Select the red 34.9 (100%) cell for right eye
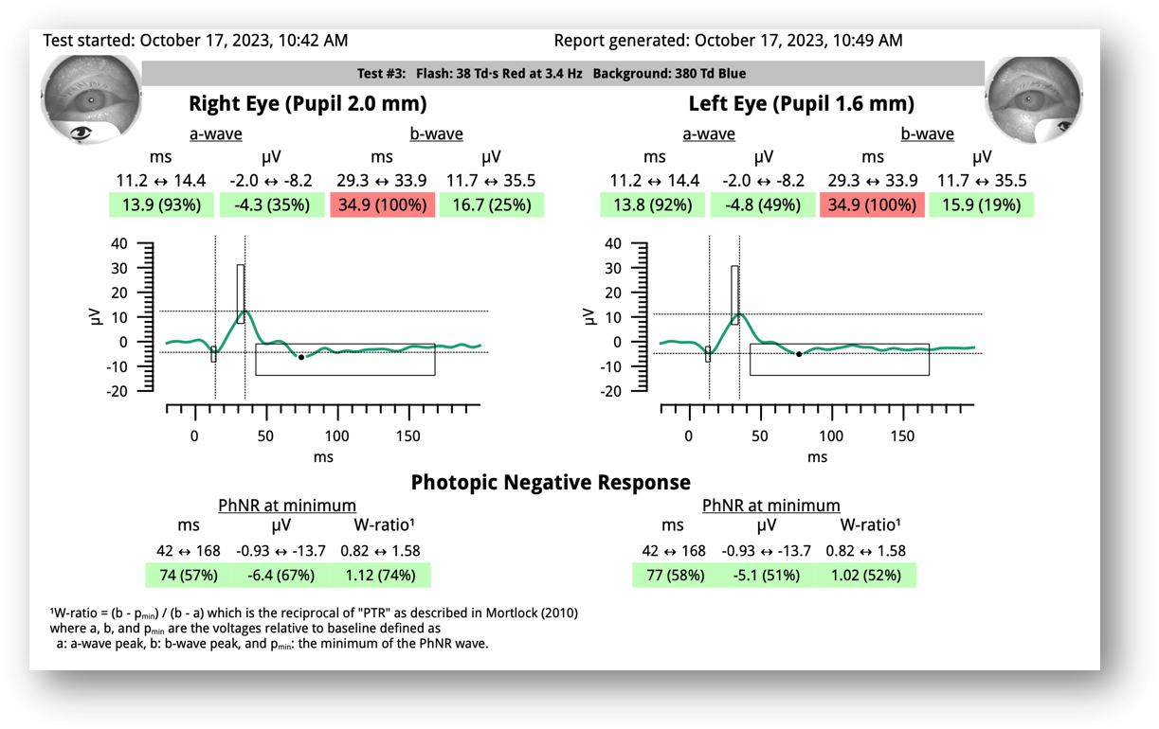382,204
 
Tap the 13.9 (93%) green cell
162,204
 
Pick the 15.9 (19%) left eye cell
981,204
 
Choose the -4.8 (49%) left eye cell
763,204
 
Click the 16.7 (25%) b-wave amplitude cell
491,204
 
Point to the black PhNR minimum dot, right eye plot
301,357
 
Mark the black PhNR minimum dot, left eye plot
799,354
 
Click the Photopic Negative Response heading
551,482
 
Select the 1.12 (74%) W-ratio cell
382,575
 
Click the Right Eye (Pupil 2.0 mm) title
307,103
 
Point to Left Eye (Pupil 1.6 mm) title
801,103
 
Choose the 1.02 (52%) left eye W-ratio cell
868,575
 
